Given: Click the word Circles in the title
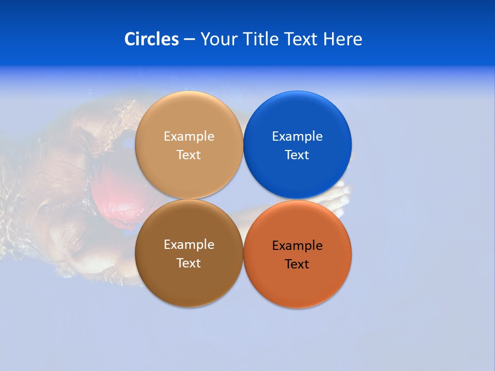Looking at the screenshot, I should coord(151,39).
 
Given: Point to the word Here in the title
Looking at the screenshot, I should coord(343,39).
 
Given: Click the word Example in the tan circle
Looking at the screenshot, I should coord(189,137).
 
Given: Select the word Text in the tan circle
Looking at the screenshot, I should coord(189,155).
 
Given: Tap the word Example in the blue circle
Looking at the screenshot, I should coord(297,137).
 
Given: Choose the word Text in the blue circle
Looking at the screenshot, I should coord(297,155).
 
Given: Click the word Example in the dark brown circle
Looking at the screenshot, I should coord(189,245).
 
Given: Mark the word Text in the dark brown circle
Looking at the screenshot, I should coord(189,263).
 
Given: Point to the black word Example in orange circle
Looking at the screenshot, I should coord(297,246).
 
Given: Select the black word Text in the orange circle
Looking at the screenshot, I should coord(297,264).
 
